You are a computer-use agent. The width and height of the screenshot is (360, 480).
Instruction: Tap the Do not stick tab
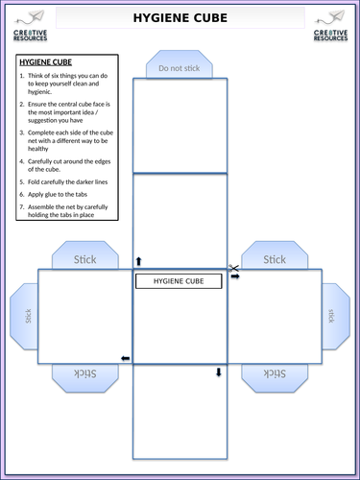click(179, 68)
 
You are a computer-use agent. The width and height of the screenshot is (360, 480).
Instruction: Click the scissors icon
click(232, 268)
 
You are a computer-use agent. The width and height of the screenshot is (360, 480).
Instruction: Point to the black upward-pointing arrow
click(137, 260)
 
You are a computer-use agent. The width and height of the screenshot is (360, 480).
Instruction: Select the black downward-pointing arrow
click(219, 372)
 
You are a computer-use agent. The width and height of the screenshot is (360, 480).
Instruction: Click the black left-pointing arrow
click(125, 358)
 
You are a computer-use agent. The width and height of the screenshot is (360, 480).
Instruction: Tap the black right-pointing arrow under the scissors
click(234, 276)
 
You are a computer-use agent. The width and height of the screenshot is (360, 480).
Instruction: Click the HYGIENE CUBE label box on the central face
click(179, 281)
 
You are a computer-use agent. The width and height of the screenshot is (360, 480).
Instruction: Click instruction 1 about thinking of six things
click(62, 84)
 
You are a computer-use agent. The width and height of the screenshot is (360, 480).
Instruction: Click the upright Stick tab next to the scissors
click(275, 258)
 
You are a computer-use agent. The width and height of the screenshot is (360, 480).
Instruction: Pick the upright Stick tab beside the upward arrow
click(85, 258)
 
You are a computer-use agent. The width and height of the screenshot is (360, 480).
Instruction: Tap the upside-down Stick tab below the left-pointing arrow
click(85, 373)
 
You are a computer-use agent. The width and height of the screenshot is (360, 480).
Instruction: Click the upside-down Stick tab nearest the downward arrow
click(275, 373)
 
